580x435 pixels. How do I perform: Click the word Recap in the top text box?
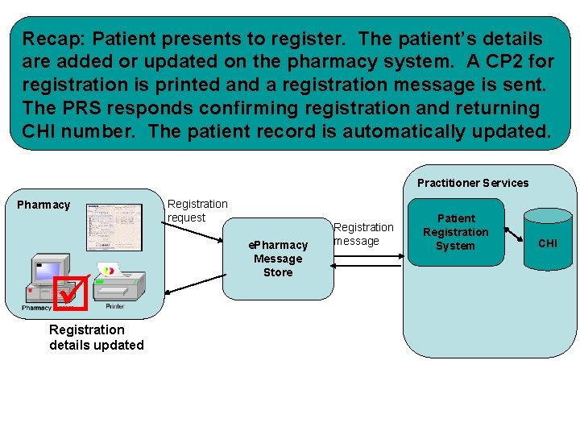point(50,39)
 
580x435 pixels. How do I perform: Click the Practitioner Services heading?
point(473,183)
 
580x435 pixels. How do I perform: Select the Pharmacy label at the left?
point(43,205)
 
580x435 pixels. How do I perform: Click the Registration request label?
point(197,211)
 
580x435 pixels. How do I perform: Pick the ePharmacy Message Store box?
point(278,259)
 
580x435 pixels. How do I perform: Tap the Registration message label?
point(363,234)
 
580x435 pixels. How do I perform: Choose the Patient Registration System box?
point(456,232)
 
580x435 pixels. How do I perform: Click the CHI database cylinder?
point(547,242)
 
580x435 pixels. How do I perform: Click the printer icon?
point(118,284)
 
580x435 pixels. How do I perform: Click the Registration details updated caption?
point(96,338)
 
